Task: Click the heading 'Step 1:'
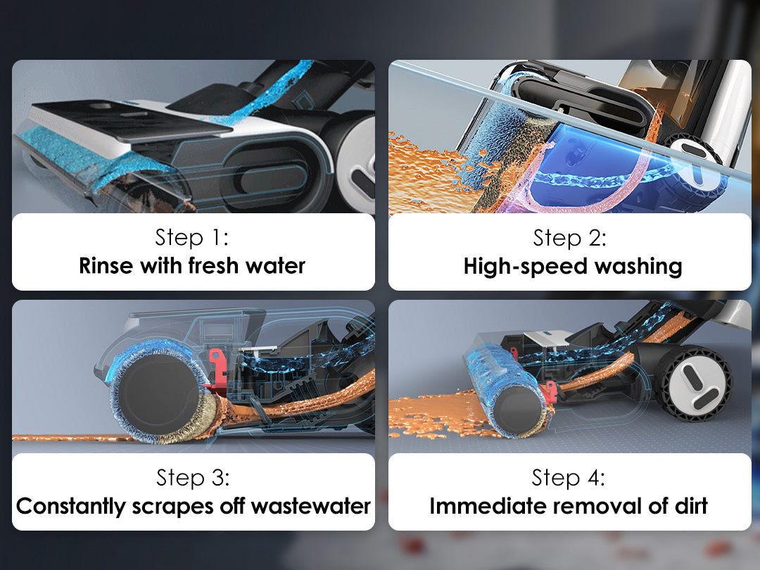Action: tap(192, 238)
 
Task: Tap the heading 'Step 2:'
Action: tap(569, 238)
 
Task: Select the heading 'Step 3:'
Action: tap(193, 478)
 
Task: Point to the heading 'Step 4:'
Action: tap(569, 477)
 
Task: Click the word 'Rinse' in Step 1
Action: tap(106, 265)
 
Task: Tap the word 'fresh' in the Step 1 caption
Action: tap(213, 265)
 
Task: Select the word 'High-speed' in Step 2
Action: tap(526, 267)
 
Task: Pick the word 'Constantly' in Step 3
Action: tap(71, 507)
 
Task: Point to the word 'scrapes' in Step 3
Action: tap(172, 507)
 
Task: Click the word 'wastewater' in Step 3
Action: tap(311, 507)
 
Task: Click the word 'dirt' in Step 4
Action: tap(691, 506)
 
